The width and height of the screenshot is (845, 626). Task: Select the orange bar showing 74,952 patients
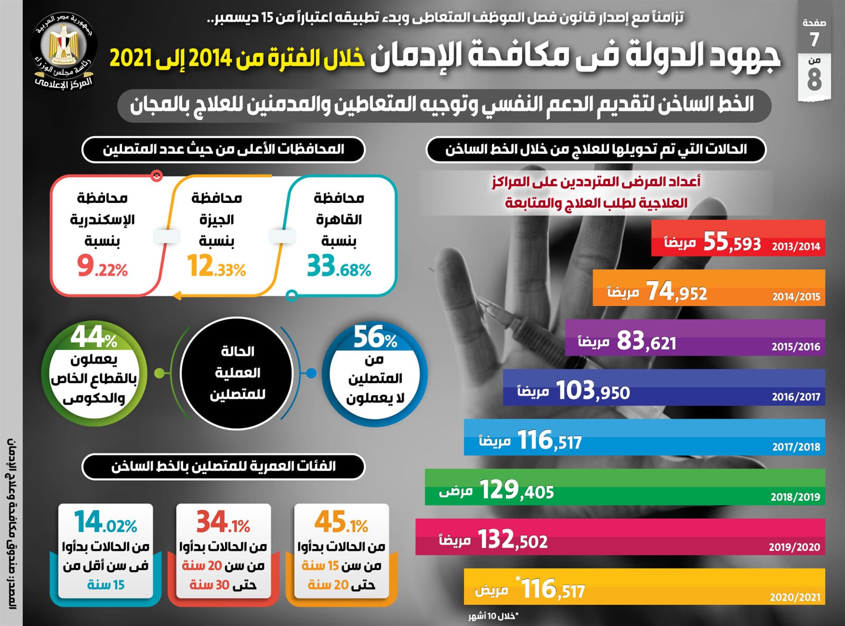708,288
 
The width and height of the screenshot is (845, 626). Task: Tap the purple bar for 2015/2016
694,338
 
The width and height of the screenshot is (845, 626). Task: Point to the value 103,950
593,391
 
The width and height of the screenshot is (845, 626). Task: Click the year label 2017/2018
796,447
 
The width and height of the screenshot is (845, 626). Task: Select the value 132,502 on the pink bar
512,540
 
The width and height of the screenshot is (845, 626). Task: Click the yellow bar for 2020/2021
644,586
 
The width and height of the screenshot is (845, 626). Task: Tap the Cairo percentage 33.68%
339,266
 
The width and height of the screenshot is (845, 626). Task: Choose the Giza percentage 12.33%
217,266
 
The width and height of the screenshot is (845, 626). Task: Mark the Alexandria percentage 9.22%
102,266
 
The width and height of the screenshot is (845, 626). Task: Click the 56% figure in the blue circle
375,337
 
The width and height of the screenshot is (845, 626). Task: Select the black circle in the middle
237,373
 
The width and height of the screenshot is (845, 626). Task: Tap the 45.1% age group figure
341,522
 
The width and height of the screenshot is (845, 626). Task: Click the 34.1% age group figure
223,522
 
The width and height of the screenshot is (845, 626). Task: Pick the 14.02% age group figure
106,522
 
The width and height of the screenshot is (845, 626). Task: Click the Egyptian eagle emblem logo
63,45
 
